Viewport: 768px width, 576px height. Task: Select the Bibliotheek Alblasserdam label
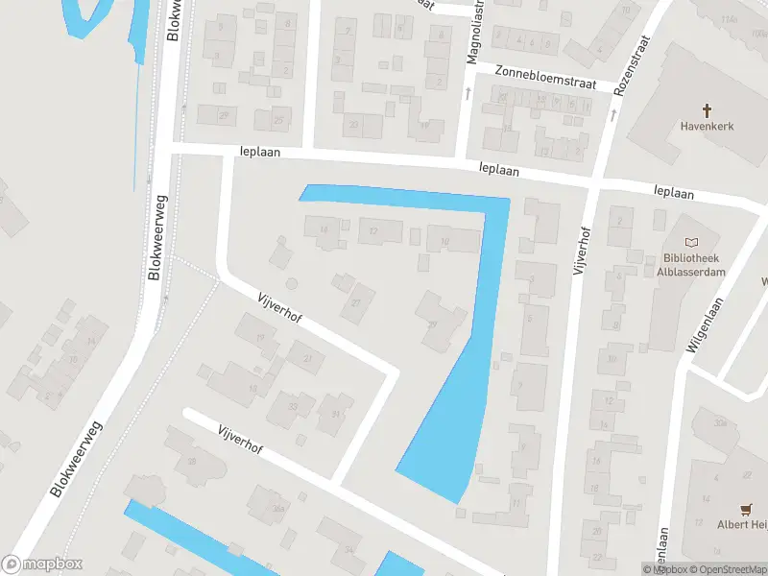[x=694, y=265]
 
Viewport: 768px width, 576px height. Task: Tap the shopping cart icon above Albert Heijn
[x=746, y=508]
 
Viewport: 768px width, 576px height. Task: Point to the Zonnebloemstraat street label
[x=545, y=77]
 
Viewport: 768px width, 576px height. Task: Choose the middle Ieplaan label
[x=499, y=170]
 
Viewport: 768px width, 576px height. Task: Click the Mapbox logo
[x=42, y=564]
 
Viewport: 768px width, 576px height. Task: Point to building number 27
[x=357, y=302]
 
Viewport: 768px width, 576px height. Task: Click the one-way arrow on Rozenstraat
[x=612, y=114]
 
